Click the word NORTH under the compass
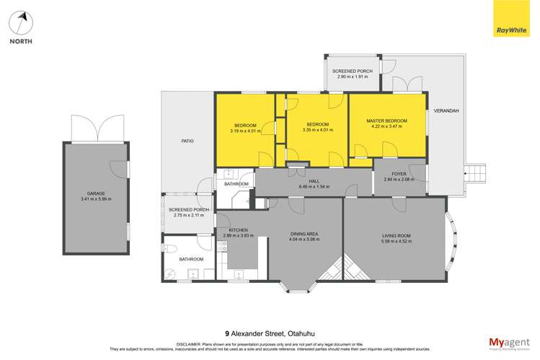20,42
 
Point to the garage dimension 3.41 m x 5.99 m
95,199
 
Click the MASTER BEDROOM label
386,120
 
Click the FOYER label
399,174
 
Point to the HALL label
313,180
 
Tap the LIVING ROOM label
396,236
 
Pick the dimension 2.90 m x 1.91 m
353,77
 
